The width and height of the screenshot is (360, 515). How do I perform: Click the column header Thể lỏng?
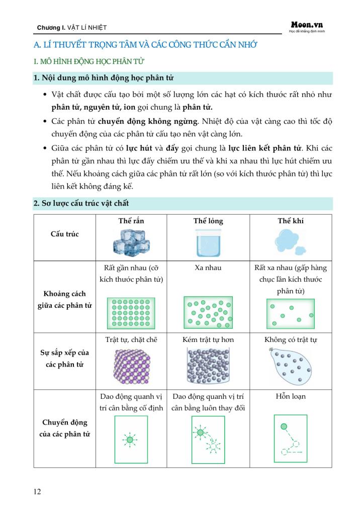208,221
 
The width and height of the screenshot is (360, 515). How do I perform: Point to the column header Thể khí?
291,221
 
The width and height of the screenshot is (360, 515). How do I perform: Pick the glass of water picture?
208,242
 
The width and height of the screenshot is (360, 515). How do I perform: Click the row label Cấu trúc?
64,234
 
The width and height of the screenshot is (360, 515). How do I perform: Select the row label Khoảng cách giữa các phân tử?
65,299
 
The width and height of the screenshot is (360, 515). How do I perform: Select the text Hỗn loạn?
291,396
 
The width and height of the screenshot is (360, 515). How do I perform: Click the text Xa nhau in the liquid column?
208,268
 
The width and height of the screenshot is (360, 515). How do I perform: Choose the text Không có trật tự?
291,339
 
